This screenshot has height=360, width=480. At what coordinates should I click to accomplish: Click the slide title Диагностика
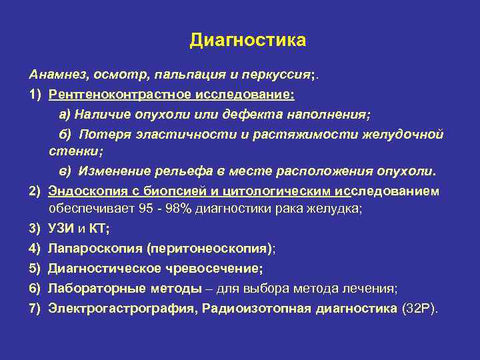[x=247, y=40]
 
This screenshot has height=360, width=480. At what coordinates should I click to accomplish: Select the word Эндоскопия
[x=81, y=191]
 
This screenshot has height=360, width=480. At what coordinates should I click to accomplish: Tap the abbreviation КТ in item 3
[x=99, y=229]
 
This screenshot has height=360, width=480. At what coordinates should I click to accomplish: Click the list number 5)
[x=35, y=269]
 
